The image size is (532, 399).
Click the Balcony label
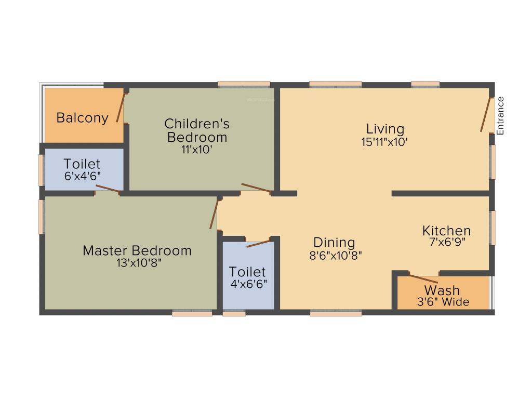(83, 118)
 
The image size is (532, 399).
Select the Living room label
(385, 129)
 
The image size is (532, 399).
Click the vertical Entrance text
(500, 116)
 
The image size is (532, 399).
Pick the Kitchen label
(446, 231)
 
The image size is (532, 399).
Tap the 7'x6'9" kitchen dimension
(446, 243)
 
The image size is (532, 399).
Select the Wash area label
(442, 290)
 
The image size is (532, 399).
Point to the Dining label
(334, 243)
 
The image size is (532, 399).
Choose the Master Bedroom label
(137, 251)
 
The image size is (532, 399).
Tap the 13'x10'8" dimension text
(137, 263)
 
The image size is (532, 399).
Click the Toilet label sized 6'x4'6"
(82, 164)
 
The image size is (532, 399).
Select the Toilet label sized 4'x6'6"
(247, 272)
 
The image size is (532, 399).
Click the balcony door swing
(121, 107)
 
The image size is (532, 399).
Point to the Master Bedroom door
(214, 214)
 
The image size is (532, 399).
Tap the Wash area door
(424, 277)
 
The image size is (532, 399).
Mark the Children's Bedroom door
(256, 188)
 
